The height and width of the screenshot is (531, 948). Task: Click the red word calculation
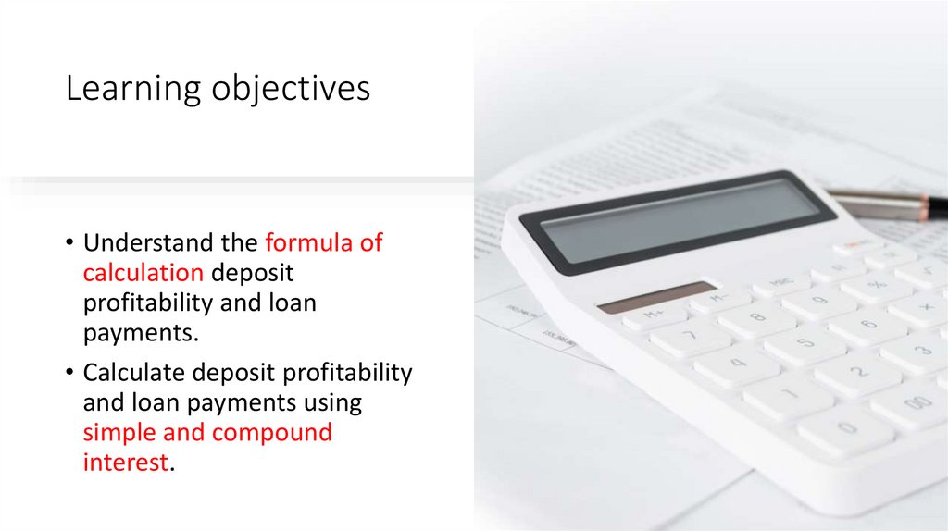143,273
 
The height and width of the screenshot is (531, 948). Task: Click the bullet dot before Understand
70,244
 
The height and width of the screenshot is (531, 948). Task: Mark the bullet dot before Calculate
70,374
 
